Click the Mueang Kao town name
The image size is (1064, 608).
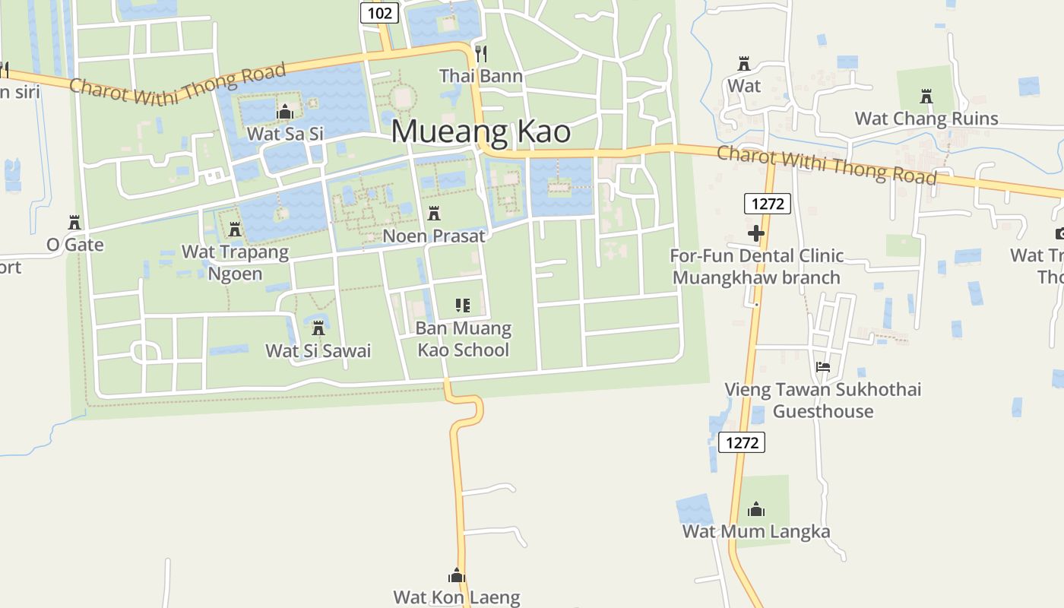(x=480, y=131)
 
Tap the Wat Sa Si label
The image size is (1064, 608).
(x=285, y=134)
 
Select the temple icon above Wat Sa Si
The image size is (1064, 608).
(x=285, y=112)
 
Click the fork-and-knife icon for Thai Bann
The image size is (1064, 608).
(x=480, y=53)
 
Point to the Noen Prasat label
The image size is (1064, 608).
(x=433, y=236)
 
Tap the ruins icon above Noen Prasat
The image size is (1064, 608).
(x=434, y=214)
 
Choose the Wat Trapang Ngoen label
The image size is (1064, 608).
(x=235, y=262)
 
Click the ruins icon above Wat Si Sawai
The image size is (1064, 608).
(x=318, y=328)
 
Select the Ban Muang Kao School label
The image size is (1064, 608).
(x=463, y=339)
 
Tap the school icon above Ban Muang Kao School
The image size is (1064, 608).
(x=463, y=306)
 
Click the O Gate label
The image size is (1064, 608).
(x=74, y=245)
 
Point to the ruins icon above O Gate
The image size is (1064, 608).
(x=74, y=223)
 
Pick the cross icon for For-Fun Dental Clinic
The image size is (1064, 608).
(x=755, y=233)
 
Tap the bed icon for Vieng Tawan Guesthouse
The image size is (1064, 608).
(x=822, y=367)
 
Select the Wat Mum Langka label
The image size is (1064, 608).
(x=755, y=531)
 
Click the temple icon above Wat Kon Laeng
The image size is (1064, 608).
(x=456, y=575)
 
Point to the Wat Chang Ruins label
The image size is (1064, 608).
(x=926, y=119)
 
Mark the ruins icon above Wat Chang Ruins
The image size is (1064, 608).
(x=926, y=97)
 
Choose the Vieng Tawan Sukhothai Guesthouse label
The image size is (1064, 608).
(x=822, y=401)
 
